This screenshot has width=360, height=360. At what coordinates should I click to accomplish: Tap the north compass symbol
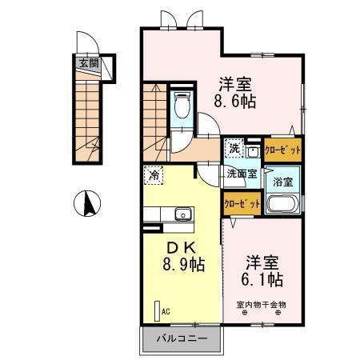pyautogui.click(x=87, y=204)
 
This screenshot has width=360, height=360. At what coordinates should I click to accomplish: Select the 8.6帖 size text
pyautogui.click(x=238, y=102)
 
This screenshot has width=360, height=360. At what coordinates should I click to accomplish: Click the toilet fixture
pyautogui.click(x=182, y=105)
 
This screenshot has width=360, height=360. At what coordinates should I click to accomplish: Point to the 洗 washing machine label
pyautogui.click(x=234, y=148)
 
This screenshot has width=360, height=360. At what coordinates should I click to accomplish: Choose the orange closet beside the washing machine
pyautogui.click(x=282, y=150)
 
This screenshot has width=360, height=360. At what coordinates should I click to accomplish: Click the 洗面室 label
pyautogui.click(x=241, y=173)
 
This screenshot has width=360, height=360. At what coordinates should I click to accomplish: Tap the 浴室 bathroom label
pyautogui.click(x=283, y=181)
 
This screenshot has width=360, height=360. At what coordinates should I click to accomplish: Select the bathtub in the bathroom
pyautogui.click(x=282, y=204)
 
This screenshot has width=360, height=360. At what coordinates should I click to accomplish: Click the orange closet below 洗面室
pyautogui.click(x=242, y=204)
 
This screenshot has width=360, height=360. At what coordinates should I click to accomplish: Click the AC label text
pyautogui.click(x=166, y=312)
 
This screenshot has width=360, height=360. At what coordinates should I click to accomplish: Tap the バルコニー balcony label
pyautogui.click(x=182, y=339)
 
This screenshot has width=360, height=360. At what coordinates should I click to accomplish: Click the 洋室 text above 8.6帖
pyautogui.click(x=238, y=82)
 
